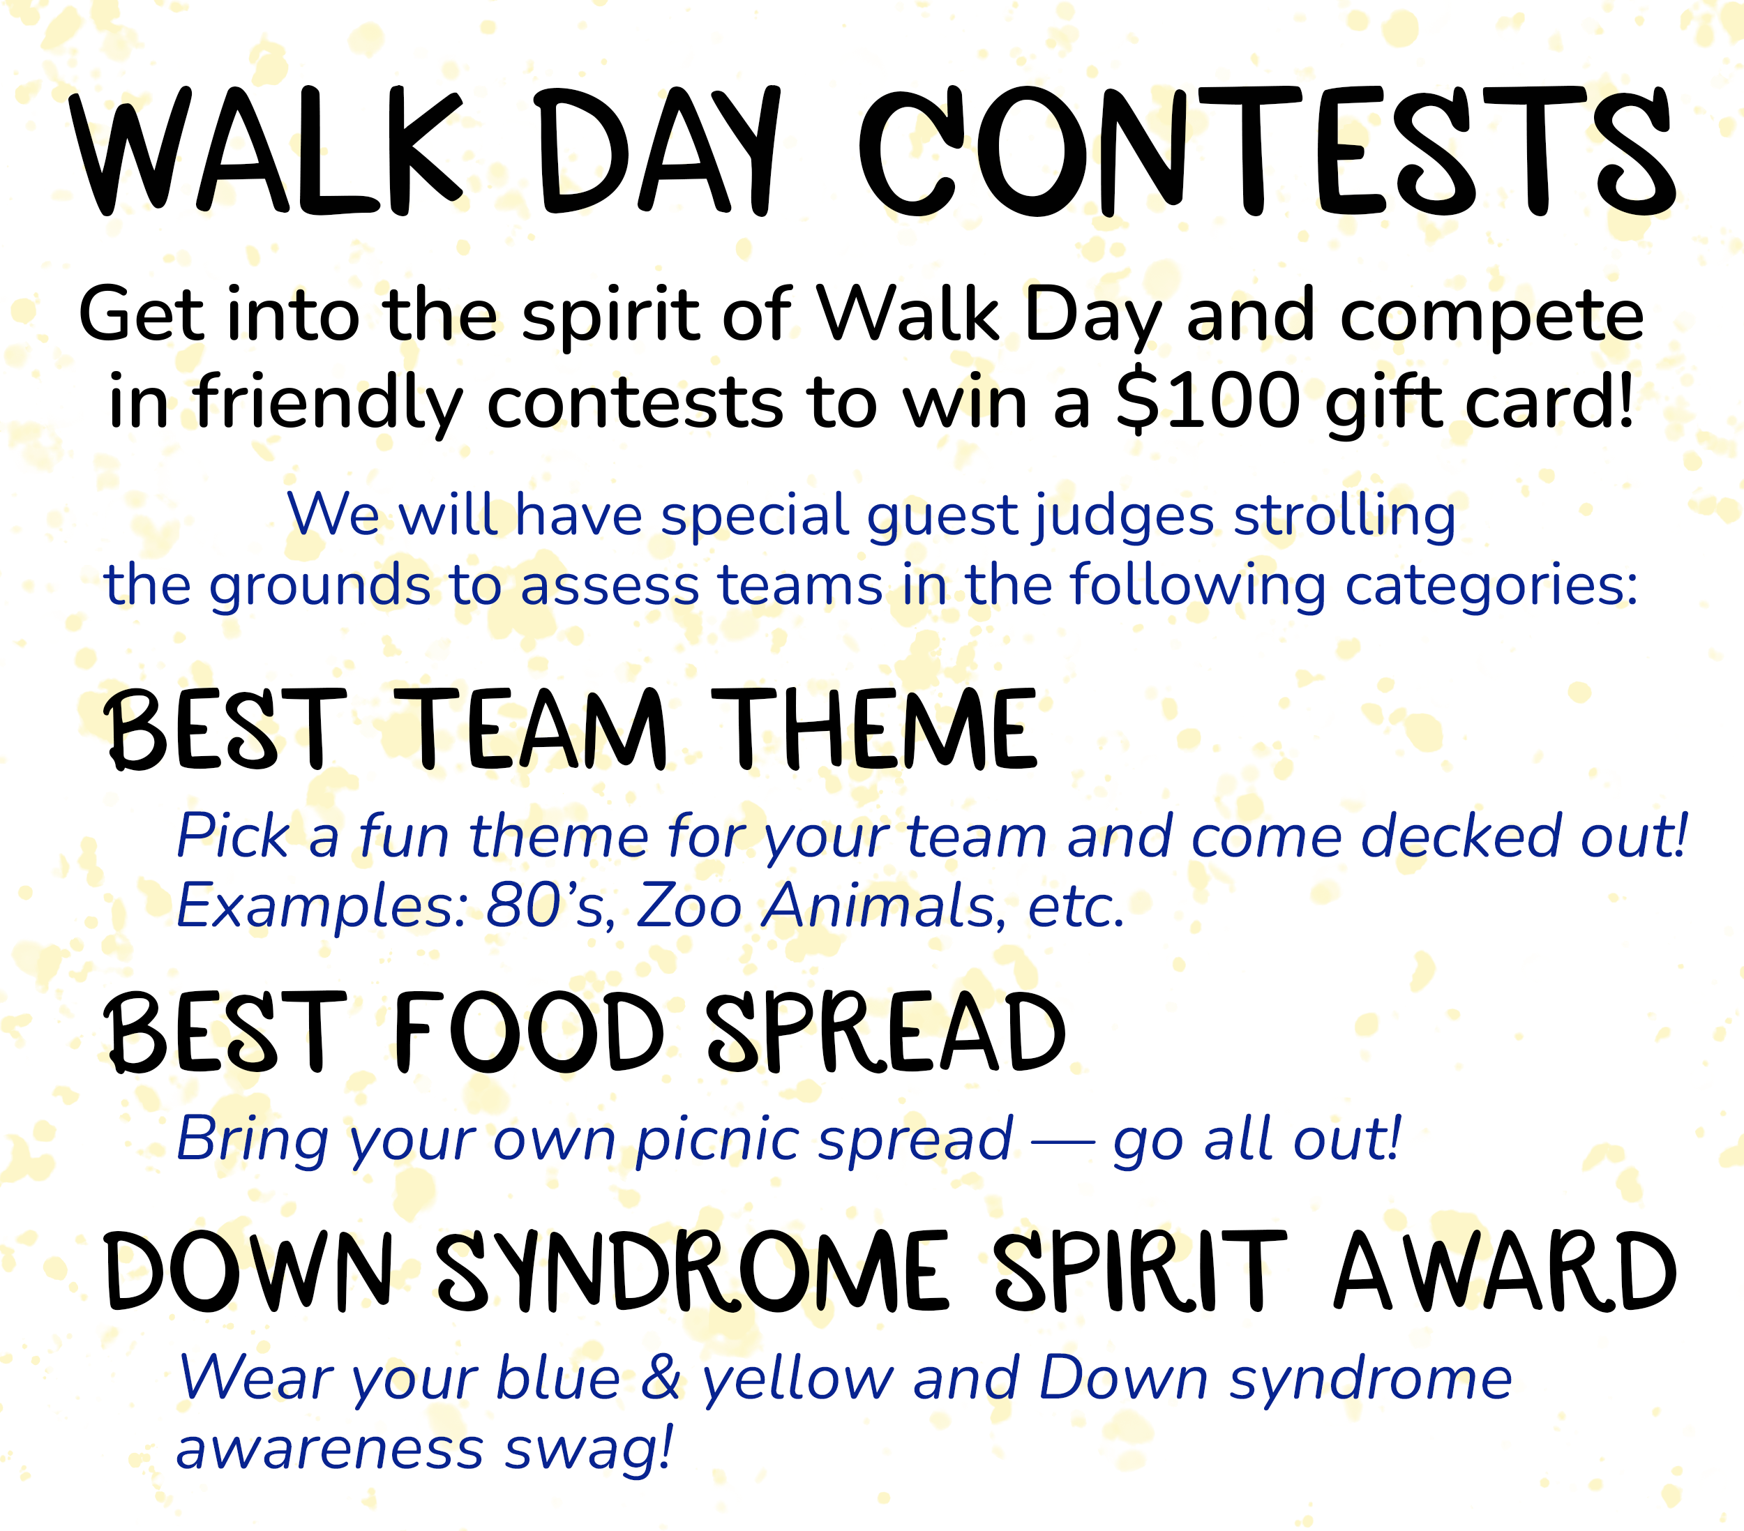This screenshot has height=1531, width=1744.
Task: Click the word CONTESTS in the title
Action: [1266, 152]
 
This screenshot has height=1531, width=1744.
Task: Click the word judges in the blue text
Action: [1123, 516]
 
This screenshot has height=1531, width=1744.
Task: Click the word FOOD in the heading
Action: [528, 1033]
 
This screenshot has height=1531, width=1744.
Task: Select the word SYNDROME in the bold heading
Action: [692, 1271]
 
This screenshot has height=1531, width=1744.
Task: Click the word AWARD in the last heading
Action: [1505, 1271]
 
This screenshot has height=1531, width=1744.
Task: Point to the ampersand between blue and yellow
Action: [661, 1378]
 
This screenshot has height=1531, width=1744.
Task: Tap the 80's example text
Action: [550, 906]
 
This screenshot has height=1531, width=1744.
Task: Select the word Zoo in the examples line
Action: [689, 906]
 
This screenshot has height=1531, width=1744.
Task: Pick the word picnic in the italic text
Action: [716, 1140]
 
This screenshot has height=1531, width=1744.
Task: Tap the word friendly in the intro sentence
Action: [329, 402]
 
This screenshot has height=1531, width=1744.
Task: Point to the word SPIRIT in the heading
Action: [1139, 1271]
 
